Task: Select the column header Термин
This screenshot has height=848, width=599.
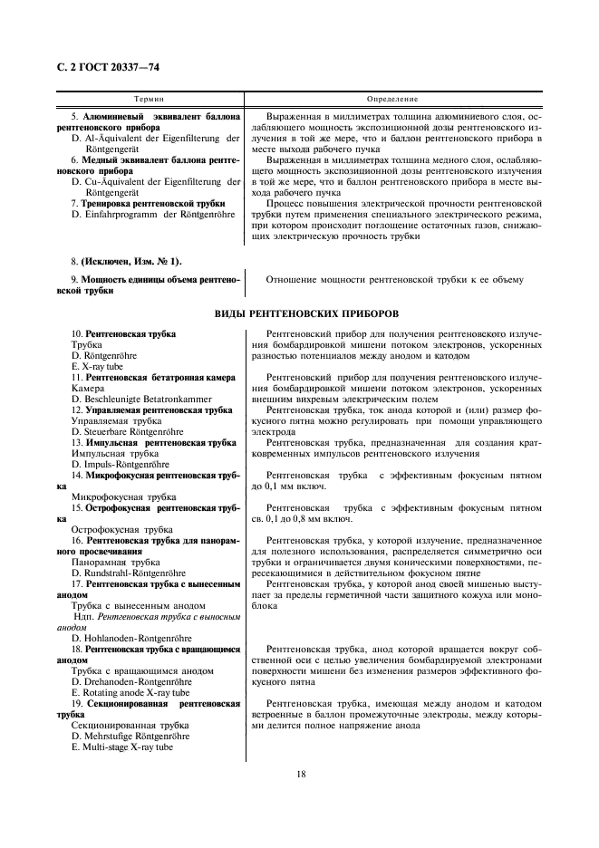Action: point(149,98)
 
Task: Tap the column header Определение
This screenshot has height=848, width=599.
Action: point(392,98)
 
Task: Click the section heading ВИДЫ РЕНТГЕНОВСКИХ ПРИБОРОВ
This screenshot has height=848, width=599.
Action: point(299,313)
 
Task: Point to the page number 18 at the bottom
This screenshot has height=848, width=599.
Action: point(299,773)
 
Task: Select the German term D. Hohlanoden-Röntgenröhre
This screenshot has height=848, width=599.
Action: point(134,639)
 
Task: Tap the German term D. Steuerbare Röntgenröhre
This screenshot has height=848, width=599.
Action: point(127,432)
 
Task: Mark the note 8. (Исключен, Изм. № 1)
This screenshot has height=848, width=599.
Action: point(126,261)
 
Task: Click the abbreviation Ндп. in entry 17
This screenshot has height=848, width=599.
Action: point(82,617)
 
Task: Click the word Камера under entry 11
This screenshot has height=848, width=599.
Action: point(89,388)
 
